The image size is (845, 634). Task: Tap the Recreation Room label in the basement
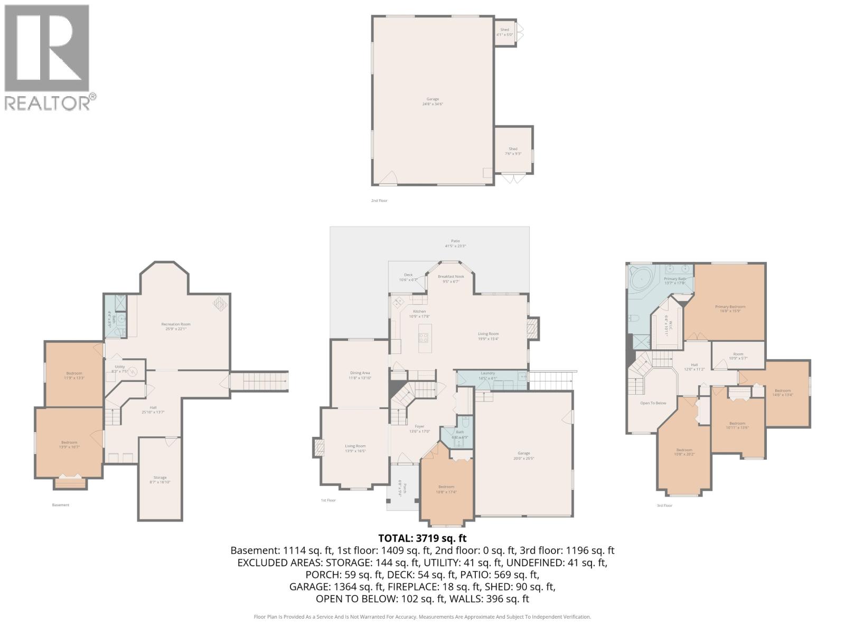click(176, 327)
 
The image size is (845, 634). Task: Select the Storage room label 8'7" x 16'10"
click(160, 480)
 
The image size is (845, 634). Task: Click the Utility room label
click(119, 369)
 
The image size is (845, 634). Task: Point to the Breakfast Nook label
click(450, 278)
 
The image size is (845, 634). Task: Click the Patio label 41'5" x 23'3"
click(455, 243)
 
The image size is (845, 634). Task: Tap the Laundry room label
click(487, 375)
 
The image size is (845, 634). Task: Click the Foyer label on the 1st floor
click(419, 428)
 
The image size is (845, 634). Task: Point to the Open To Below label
click(653, 403)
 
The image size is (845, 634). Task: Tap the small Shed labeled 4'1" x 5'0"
click(504, 32)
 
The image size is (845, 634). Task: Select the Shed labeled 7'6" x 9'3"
click(513, 151)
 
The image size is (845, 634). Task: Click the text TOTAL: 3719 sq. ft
click(422, 538)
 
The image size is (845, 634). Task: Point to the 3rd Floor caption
click(664, 506)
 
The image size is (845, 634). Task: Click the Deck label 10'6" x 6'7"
click(408, 277)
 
